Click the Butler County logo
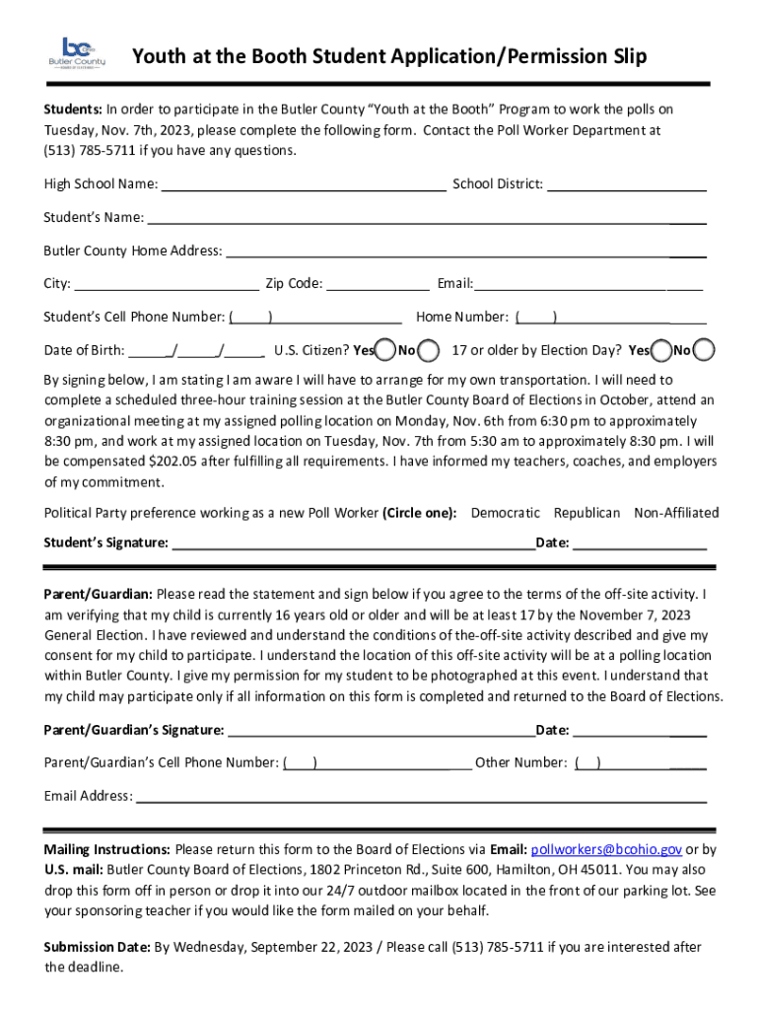[76, 53]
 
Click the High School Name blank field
[303, 184]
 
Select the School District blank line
[626, 184]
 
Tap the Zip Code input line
[378, 285]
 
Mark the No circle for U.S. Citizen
[429, 350]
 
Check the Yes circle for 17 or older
[661, 350]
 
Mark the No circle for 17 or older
[705, 350]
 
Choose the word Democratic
[505, 513]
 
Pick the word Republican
[586, 513]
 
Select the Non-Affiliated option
[676, 513]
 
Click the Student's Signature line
[353, 543]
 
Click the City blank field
[166, 285]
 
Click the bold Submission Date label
[97, 947]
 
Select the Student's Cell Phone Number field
[315, 318]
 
